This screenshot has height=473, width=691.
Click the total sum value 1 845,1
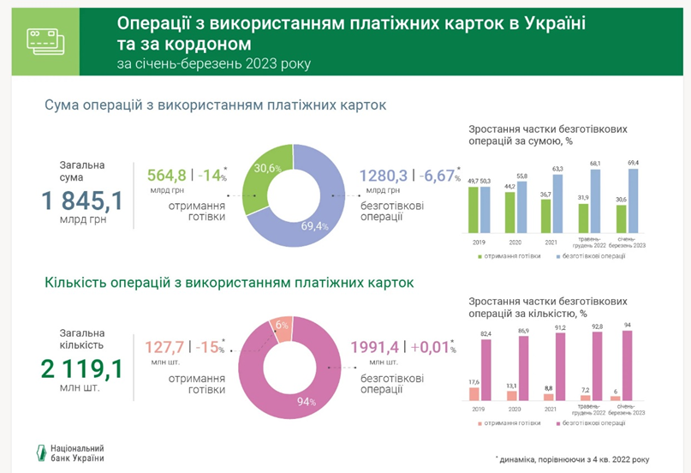[82, 201]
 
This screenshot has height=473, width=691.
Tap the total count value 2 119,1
[82, 369]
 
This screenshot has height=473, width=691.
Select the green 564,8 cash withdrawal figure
[168, 175]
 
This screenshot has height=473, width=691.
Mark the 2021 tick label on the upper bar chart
[551, 242]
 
